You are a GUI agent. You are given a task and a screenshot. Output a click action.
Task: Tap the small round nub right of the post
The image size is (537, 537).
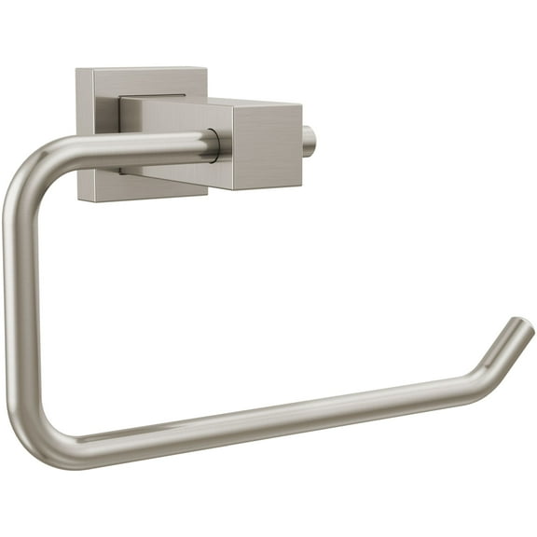[310, 140]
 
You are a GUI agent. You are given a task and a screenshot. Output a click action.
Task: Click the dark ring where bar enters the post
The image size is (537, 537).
[214, 145]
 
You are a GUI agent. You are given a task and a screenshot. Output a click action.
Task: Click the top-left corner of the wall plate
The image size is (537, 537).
[77, 70]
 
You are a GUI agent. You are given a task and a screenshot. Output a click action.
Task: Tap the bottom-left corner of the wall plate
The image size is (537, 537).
[80, 199]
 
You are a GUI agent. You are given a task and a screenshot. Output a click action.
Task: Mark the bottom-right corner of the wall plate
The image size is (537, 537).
[206, 191]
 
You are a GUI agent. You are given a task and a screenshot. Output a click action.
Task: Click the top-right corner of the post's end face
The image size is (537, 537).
[300, 104]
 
